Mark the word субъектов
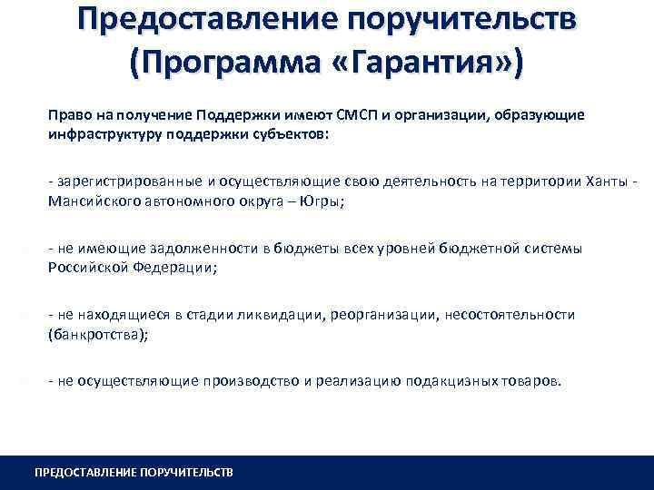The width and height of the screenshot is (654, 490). click(301, 133)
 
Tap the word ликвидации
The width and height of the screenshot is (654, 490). click(269, 315)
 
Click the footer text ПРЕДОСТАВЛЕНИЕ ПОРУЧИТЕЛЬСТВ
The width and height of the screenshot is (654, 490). click(134, 473)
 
